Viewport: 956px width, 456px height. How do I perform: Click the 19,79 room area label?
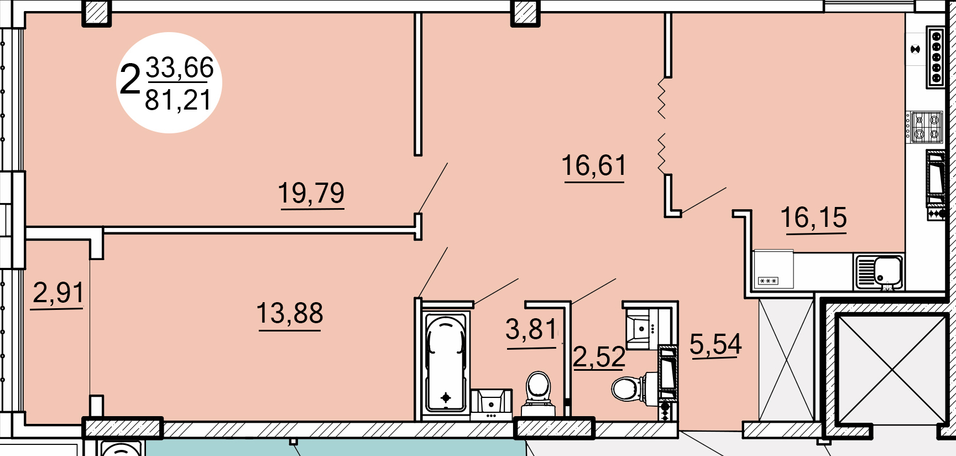311,193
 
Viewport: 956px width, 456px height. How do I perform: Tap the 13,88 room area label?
290,313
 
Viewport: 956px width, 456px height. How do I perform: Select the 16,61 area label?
594,165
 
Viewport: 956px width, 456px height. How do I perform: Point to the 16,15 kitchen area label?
814,217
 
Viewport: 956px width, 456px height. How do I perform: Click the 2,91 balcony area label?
58,293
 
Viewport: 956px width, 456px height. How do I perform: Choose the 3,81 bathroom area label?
531,330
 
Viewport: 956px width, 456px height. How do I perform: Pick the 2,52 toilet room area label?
599,357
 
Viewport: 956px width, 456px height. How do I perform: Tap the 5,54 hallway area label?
715,345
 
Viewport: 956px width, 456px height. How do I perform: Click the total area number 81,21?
178,101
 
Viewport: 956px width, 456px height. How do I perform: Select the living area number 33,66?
180,68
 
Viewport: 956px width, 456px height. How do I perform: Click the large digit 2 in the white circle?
130,80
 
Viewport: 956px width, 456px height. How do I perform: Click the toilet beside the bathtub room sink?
539,394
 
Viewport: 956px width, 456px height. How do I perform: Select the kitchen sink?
879,272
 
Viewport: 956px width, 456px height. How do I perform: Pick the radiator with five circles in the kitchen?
936,57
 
